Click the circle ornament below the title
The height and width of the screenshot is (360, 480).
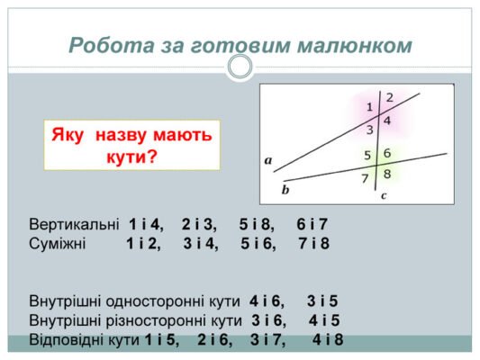click(240, 66)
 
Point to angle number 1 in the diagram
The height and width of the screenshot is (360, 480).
click(369, 107)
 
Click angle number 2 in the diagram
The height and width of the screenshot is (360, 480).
click(389, 96)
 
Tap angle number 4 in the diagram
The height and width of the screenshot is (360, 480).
click(387, 121)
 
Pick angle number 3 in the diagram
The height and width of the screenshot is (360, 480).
click(369, 130)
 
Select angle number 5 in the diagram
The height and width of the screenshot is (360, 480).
click(367, 155)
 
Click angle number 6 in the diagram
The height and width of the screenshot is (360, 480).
click(387, 153)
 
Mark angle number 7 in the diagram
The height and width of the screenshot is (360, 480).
click(365, 178)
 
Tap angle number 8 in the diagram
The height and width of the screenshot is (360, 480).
click(387, 174)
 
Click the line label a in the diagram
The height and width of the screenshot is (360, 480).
click(268, 160)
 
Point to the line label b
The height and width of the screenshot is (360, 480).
click(285, 190)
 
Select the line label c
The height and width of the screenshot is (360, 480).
click(383, 194)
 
